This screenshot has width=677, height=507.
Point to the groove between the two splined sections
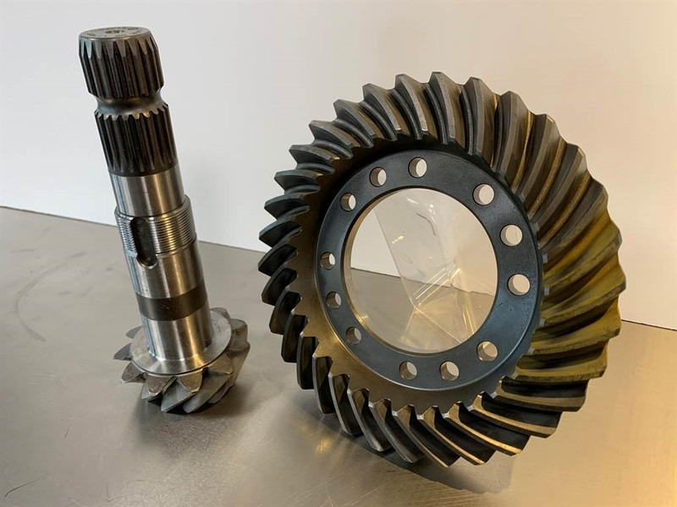tap(129, 106)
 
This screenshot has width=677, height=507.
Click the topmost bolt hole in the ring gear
tap(417, 167)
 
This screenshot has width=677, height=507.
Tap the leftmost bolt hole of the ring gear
tap(327, 260)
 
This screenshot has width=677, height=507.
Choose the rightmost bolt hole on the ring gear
tap(519, 285)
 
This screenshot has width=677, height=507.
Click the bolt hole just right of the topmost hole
tap(483, 194)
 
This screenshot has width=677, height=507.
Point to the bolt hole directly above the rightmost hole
tap(511, 235)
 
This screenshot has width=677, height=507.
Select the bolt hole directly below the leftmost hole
tap(333, 300)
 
